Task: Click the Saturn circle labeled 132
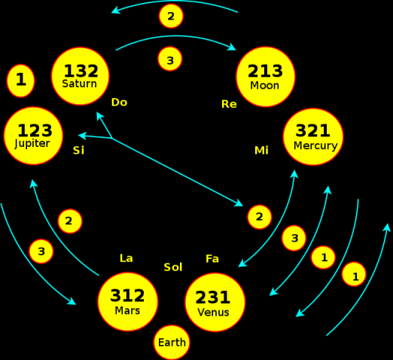pos(81,76)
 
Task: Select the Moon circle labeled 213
pos(266,77)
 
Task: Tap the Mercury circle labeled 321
pos(313,137)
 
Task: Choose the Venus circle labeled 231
pos(215,302)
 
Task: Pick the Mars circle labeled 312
pos(128,301)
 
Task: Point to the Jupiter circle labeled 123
pos(33,136)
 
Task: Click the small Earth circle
pos(172,343)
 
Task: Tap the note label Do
pos(119,102)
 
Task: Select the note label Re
pos(229,104)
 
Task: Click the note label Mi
pos(261,151)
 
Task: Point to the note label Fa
pos(212,259)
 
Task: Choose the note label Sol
pos(173,267)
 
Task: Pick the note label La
pos(126,258)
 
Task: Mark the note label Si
pos(78,151)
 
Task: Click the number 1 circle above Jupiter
pos(20,81)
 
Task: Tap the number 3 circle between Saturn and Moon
pos(170,59)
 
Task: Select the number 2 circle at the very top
pos(171,16)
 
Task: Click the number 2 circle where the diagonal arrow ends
pos(260,217)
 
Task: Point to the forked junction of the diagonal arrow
pos(111,138)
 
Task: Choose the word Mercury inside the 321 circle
pos(315,146)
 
